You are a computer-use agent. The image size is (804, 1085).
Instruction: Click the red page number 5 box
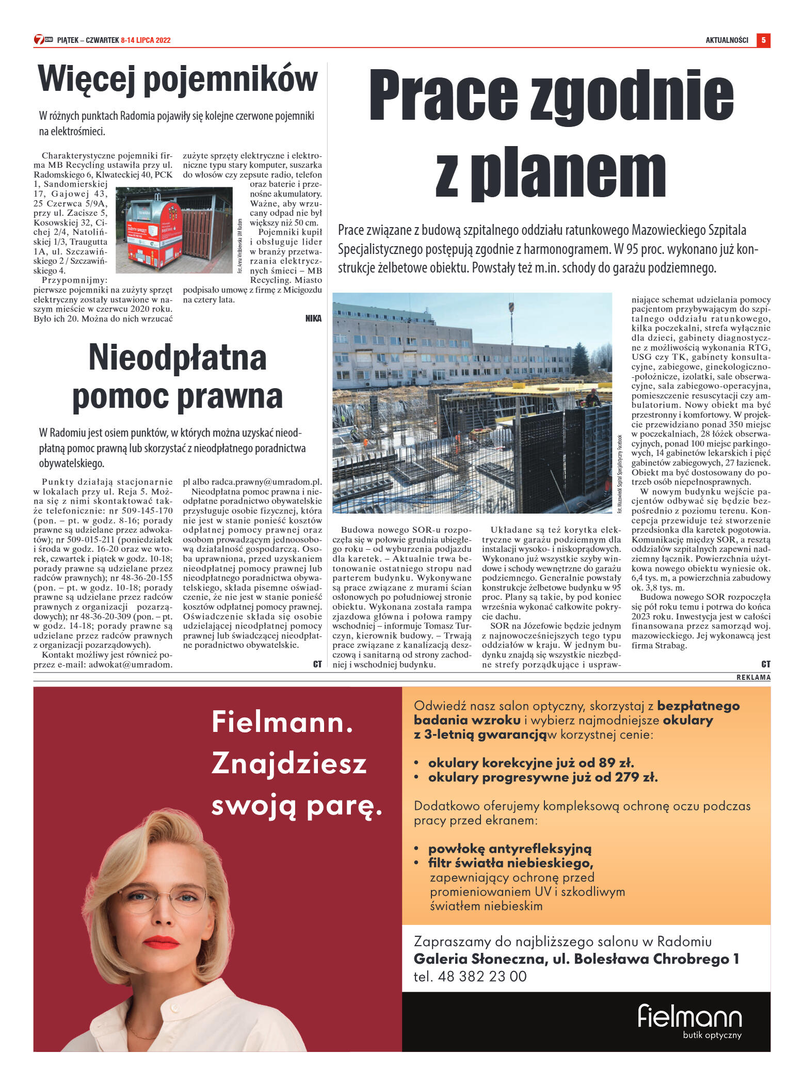pyautogui.click(x=763, y=40)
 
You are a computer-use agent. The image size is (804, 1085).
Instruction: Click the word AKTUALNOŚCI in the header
pyautogui.click(x=727, y=40)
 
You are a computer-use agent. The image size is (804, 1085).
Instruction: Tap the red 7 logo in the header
pyautogui.click(x=39, y=40)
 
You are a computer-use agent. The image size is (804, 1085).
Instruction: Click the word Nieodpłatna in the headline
pyautogui.click(x=178, y=358)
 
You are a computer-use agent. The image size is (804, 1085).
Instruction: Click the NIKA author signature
pyautogui.click(x=313, y=318)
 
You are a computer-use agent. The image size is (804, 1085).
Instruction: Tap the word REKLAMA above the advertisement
pyautogui.click(x=753, y=677)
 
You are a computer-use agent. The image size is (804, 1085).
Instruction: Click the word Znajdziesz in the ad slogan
pyautogui.click(x=289, y=763)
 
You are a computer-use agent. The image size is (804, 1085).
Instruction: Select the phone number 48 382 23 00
pyautogui.click(x=482, y=976)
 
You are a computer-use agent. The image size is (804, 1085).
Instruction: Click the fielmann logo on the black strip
pyautogui.click(x=689, y=1016)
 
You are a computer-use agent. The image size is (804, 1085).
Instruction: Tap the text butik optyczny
pyautogui.click(x=712, y=1035)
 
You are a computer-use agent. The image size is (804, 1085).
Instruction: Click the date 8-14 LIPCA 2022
pyautogui.click(x=146, y=40)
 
